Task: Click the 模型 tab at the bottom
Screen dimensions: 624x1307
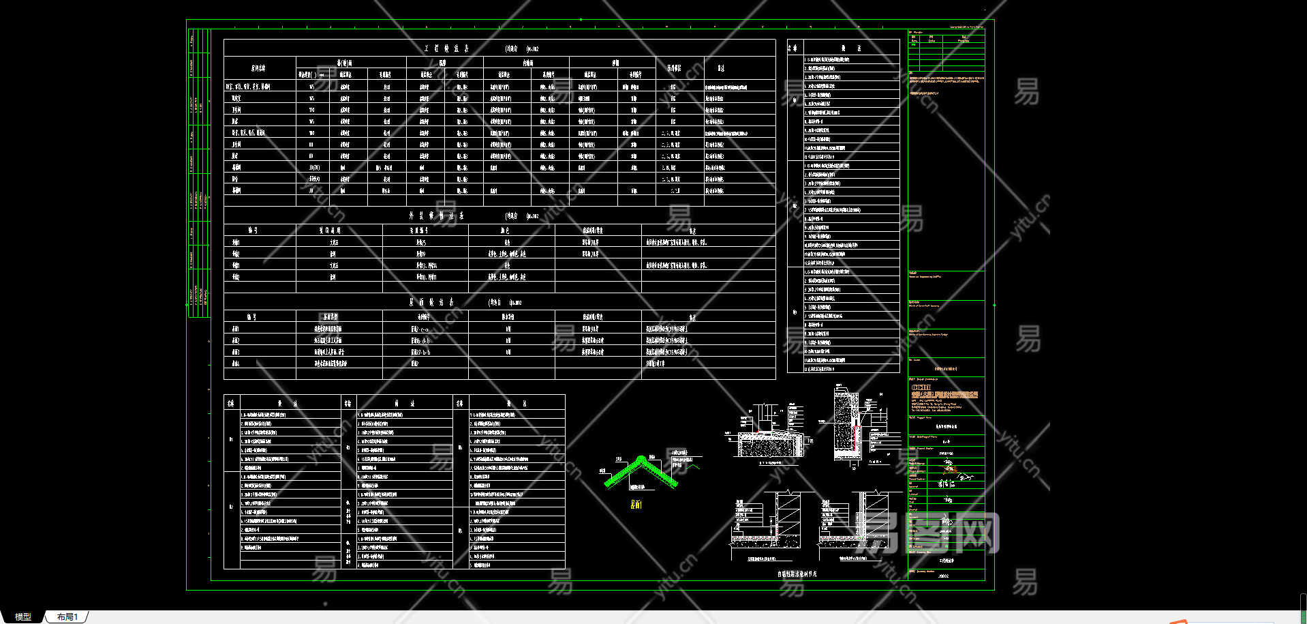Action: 23,616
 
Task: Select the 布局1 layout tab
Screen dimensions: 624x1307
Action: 67,616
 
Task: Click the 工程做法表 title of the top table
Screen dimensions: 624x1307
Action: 447,48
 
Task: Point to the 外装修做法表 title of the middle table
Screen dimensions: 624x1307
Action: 437,216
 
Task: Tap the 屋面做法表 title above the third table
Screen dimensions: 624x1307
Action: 431,302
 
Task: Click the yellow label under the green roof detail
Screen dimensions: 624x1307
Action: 636,504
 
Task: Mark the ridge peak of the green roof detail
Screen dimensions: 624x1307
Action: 641,458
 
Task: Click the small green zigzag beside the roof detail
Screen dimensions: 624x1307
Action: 693,466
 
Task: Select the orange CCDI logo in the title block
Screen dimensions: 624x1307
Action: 921,387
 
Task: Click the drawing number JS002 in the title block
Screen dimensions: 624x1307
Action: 944,576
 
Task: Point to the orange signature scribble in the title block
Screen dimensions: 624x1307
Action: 949,469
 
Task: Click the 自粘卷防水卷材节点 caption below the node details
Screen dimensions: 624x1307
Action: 797,574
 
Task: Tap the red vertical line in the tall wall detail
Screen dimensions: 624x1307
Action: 853,436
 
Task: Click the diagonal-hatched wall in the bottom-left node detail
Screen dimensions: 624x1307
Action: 786,515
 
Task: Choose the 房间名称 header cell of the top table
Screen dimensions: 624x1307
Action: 259,68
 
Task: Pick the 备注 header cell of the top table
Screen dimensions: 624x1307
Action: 721,68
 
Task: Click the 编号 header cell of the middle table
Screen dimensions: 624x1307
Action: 253,231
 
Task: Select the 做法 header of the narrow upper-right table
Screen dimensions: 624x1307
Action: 851,48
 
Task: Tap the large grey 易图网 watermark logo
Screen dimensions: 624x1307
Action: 927,533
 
